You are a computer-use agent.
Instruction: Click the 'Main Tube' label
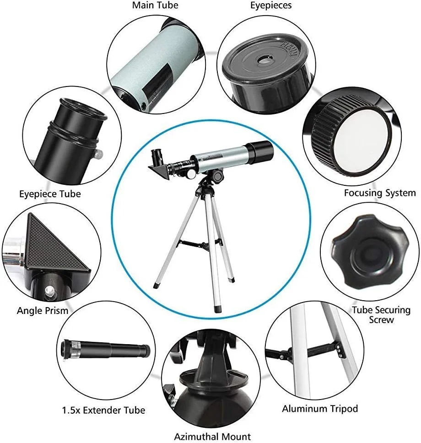point(155,5)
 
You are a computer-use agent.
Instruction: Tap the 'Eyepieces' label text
point(271,5)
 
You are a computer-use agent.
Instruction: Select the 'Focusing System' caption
point(380,193)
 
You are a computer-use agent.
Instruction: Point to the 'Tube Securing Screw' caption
point(381,315)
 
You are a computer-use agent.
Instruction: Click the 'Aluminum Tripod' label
point(320,409)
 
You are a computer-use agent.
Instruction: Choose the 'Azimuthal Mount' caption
point(212,436)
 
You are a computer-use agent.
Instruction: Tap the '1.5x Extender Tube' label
point(103,410)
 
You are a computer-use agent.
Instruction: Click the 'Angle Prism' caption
point(43,310)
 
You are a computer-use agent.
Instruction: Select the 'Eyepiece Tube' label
point(50,194)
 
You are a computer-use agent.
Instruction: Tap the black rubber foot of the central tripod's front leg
point(218,309)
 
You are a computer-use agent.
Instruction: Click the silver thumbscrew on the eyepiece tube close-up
point(98,153)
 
